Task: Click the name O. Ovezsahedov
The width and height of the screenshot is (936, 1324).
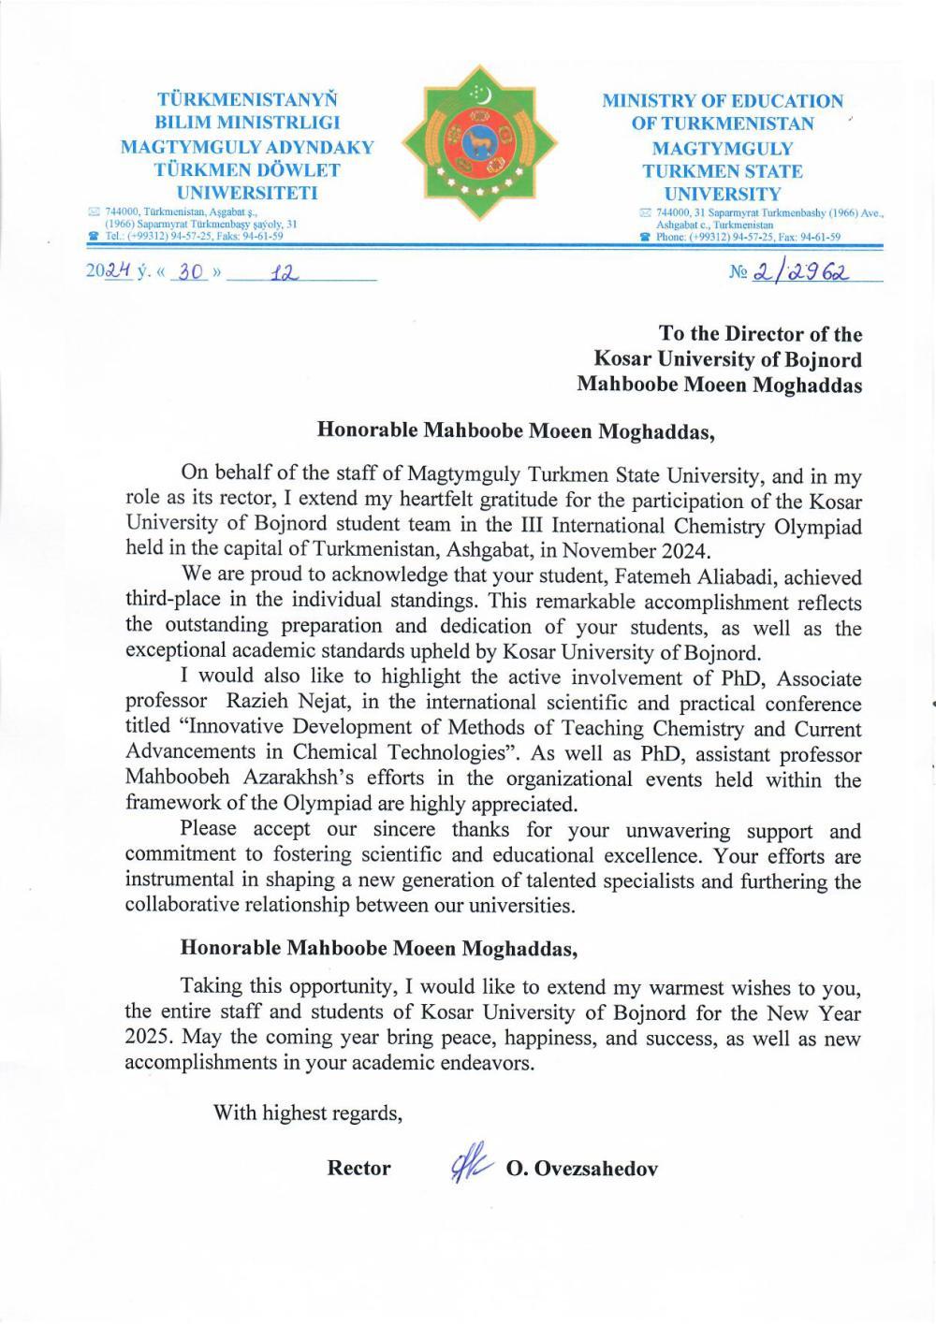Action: pyautogui.click(x=581, y=1169)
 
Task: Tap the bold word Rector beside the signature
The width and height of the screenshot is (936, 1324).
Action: pyautogui.click(x=358, y=1169)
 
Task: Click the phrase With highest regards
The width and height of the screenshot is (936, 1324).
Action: pyautogui.click(x=308, y=1113)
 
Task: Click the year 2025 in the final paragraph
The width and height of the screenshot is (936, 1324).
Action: pyautogui.click(x=146, y=1038)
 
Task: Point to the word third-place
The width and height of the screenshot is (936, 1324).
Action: pyautogui.click(x=173, y=602)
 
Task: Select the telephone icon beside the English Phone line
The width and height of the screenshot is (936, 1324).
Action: pyautogui.click(x=644, y=237)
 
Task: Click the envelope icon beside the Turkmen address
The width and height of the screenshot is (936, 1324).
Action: pyautogui.click(x=93, y=212)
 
